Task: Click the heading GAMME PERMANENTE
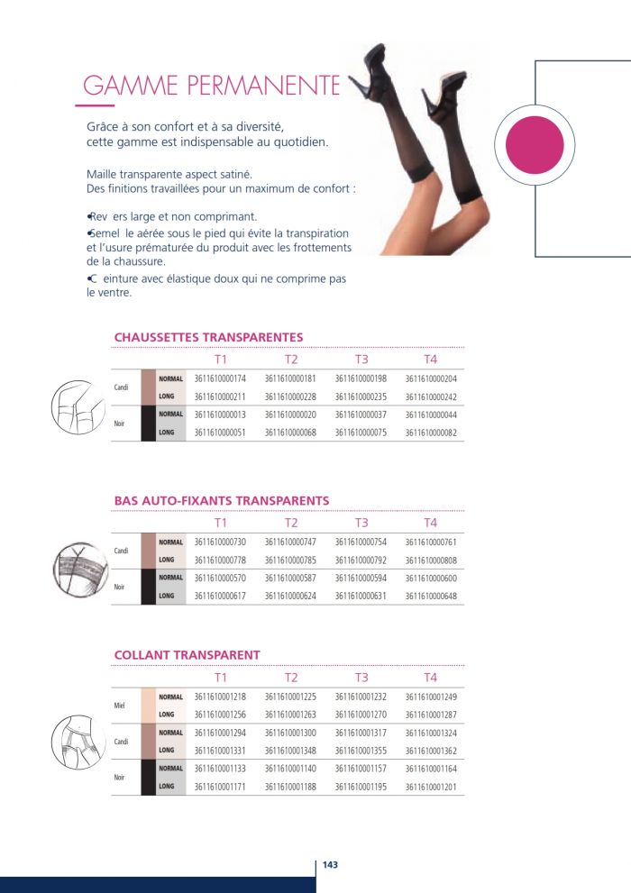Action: tap(211, 87)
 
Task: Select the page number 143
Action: tap(330, 865)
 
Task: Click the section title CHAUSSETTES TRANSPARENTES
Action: tap(208, 337)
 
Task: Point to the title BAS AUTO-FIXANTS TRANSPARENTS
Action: tap(222, 500)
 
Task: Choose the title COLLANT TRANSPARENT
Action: tap(187, 655)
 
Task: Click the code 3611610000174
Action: tap(220, 379)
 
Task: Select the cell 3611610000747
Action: tap(290, 542)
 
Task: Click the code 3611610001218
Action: tap(220, 697)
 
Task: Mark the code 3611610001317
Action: tap(361, 733)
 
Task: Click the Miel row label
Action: tap(120, 706)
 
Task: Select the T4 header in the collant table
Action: tap(431, 677)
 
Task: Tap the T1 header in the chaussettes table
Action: tap(221, 360)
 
